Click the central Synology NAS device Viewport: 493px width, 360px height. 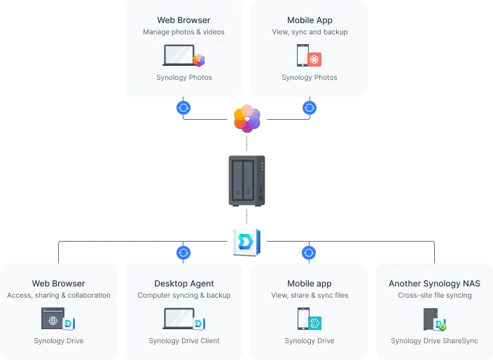[x=246, y=181]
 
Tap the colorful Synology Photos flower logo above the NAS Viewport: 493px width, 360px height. [x=247, y=118]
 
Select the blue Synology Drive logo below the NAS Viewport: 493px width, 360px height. [x=246, y=242]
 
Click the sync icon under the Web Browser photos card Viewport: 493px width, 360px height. [x=183, y=108]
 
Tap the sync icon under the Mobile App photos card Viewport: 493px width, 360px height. [x=310, y=108]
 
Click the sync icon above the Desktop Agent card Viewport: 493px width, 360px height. [x=183, y=253]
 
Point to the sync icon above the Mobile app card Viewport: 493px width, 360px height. [x=309, y=253]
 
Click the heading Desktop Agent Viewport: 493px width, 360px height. [x=184, y=283]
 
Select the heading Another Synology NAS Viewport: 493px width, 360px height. [x=434, y=283]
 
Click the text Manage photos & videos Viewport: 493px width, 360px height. [x=183, y=32]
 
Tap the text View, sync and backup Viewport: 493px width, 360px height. [x=310, y=32]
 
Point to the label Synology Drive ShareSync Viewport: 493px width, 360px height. [x=434, y=340]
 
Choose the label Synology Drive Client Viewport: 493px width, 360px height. [x=184, y=340]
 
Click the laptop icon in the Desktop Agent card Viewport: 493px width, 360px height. [x=179, y=319]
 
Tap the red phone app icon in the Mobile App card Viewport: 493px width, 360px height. [x=314, y=59]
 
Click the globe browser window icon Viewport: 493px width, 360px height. [x=53, y=319]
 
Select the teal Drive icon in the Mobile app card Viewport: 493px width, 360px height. [x=314, y=323]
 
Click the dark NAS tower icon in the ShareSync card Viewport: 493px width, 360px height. [x=431, y=319]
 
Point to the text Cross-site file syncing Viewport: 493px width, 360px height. [x=434, y=296]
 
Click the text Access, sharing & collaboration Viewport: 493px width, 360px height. [x=59, y=296]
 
